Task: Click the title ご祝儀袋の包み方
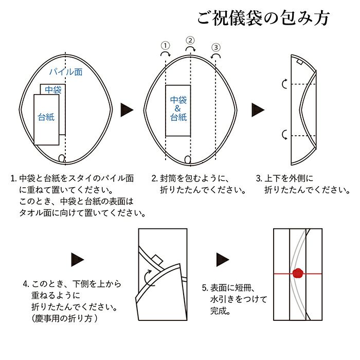pos(263,17)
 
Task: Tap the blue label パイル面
pos(66,72)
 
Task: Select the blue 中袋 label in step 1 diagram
pos(53,89)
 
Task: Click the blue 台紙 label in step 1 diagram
pos(46,117)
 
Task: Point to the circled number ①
pos(165,46)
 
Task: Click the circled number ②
pos(190,41)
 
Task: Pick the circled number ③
pos(216,47)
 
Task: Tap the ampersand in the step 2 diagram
pos(178,109)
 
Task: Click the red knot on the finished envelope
pos(298,273)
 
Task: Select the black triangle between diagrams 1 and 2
pos(127,110)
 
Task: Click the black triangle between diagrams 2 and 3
pos(258,110)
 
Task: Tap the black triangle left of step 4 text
pos(77,260)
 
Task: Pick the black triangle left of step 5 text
pos(223,260)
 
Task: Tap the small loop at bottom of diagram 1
pos(62,158)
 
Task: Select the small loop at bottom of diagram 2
pos(188,159)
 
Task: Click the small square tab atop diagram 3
pos(299,62)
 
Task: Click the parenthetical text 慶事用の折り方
pos(64,318)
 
